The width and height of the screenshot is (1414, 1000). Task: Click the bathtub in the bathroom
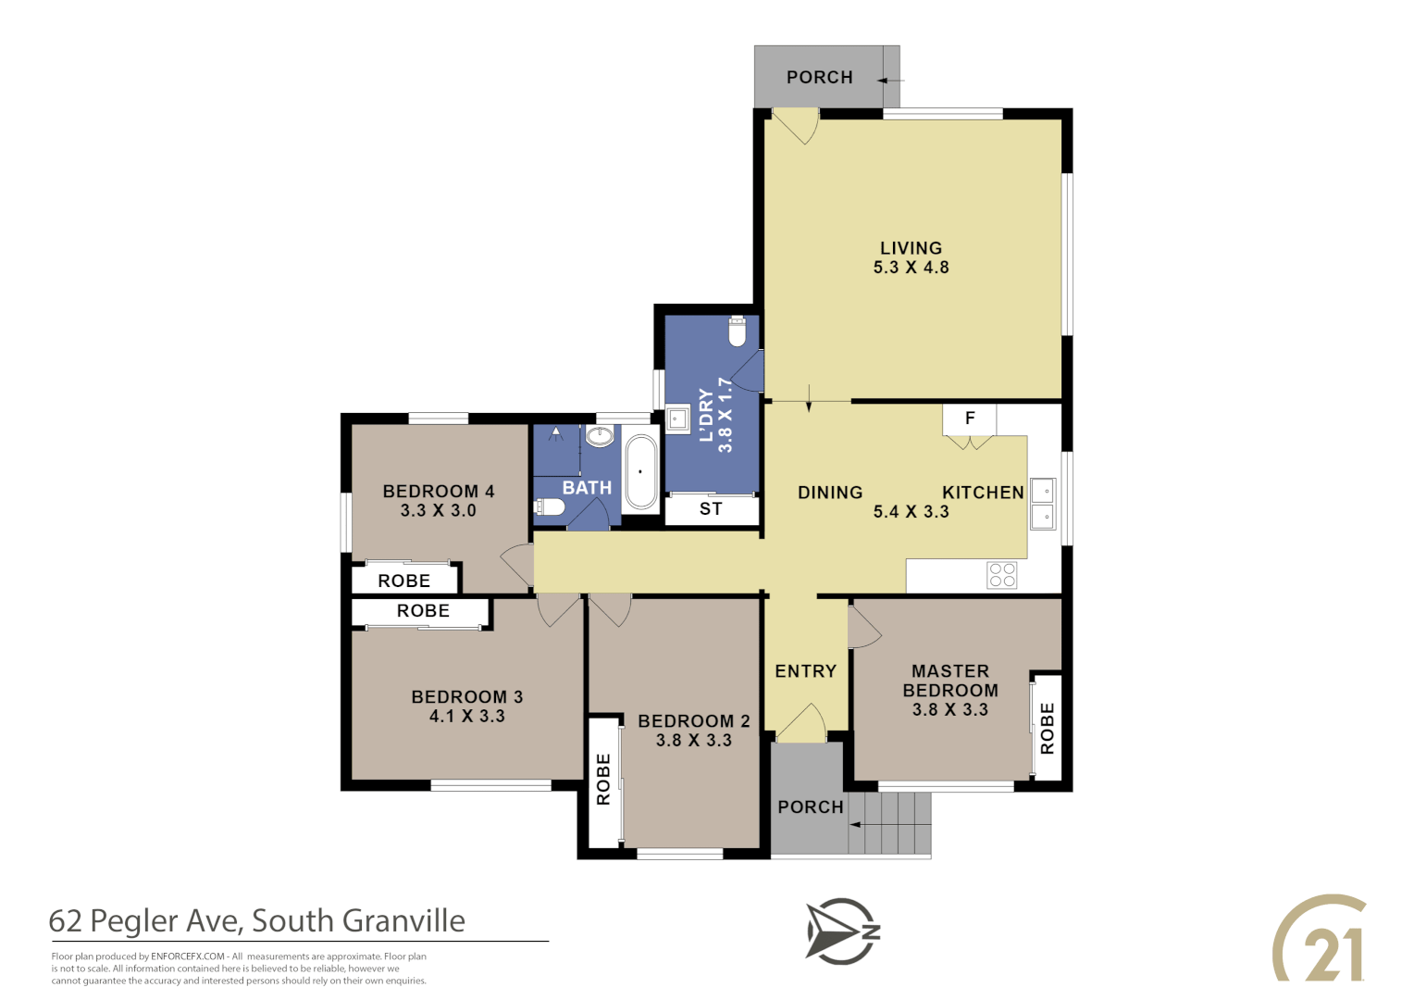click(x=640, y=473)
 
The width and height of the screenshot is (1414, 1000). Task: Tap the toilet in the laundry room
click(x=738, y=331)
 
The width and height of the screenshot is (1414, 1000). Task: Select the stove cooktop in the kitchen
click(x=1002, y=575)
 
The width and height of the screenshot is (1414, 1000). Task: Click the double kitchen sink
click(x=1043, y=504)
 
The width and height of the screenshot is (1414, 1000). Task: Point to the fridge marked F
click(x=970, y=419)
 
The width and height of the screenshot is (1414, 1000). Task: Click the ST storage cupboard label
click(x=711, y=509)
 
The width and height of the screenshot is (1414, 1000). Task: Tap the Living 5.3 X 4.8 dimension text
click(x=911, y=268)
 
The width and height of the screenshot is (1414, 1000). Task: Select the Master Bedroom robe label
click(x=1048, y=728)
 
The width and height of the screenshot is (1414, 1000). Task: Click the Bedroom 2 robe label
click(x=603, y=779)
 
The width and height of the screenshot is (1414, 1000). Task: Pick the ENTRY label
click(x=805, y=671)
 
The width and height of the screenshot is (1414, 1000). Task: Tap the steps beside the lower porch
click(x=890, y=823)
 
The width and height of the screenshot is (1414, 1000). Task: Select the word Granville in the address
click(x=403, y=921)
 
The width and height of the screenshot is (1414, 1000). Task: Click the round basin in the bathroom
click(x=600, y=436)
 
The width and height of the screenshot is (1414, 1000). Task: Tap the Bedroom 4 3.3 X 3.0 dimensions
click(x=438, y=511)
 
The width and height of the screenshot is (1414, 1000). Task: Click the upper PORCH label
click(x=819, y=78)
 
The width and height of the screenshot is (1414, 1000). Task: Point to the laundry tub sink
click(x=678, y=419)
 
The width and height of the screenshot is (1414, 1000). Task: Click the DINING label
click(x=830, y=493)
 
